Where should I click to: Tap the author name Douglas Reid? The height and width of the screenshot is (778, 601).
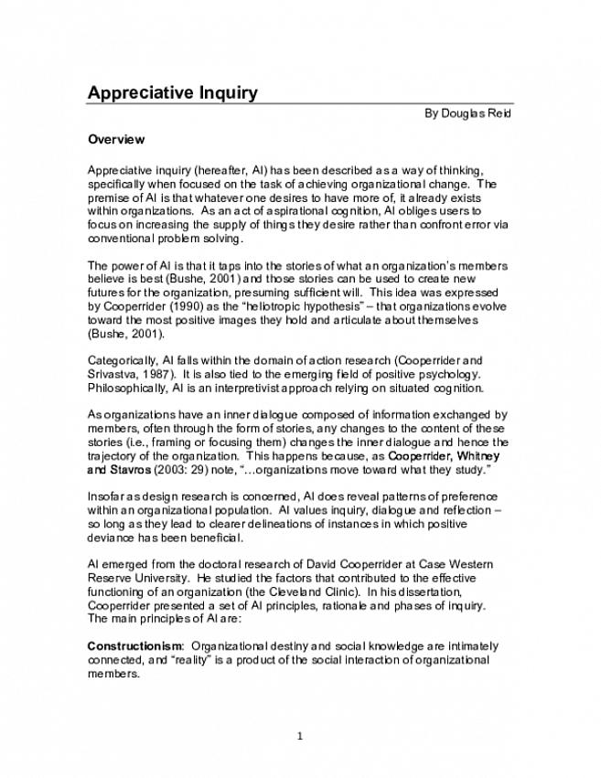[476, 114]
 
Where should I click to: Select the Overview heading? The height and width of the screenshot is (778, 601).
[116, 140]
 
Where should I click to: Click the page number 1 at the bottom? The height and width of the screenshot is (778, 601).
[300, 734]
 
